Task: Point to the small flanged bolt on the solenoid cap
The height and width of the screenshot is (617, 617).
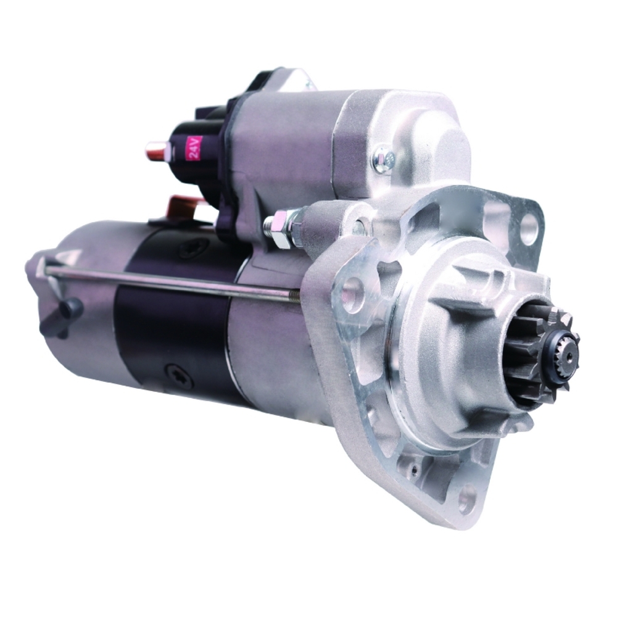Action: pos(383,159)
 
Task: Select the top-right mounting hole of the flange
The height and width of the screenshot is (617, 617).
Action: pos(529,230)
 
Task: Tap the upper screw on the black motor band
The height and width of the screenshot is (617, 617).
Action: pos(194,249)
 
